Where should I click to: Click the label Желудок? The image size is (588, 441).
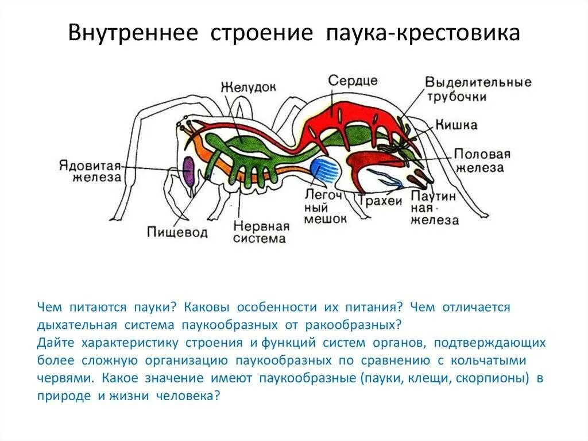(x=248, y=87)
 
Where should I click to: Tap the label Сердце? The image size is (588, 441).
(x=353, y=80)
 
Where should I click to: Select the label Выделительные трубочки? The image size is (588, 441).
(x=478, y=89)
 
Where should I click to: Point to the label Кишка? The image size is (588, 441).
(x=456, y=125)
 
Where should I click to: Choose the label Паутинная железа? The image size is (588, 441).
(x=434, y=208)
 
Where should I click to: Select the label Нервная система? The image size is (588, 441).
(x=261, y=232)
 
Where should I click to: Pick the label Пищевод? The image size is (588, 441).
(x=177, y=232)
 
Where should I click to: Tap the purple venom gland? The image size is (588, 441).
(x=188, y=172)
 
